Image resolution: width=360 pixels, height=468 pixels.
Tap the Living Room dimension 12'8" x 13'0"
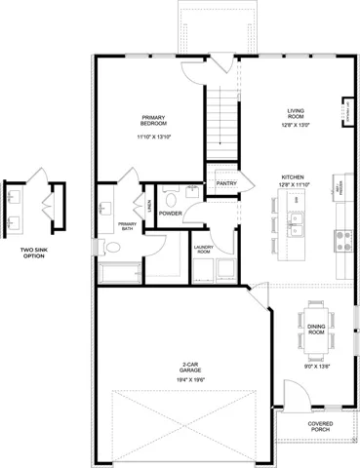pos(295,125)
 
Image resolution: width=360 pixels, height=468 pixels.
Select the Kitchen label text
pos(294,176)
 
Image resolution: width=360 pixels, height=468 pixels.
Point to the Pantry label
pos(227,182)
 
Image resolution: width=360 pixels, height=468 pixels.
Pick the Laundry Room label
pos(204,249)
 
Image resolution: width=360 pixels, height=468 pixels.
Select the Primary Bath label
pos(127,226)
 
